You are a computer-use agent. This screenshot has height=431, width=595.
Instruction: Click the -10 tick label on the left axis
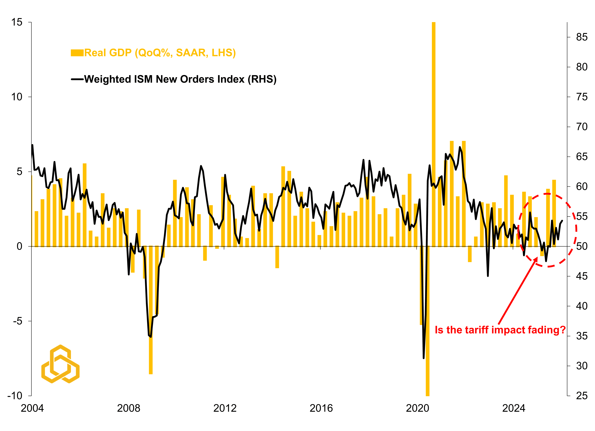coord(15,396)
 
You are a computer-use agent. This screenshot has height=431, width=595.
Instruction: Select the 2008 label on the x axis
coord(129,408)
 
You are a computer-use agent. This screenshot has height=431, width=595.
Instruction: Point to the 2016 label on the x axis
coord(321,408)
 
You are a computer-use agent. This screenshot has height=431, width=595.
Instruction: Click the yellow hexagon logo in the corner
coord(60,364)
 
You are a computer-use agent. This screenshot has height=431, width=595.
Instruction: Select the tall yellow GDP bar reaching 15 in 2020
coord(434,131)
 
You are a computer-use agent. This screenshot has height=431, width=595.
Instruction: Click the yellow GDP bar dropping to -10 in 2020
coord(428,328)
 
